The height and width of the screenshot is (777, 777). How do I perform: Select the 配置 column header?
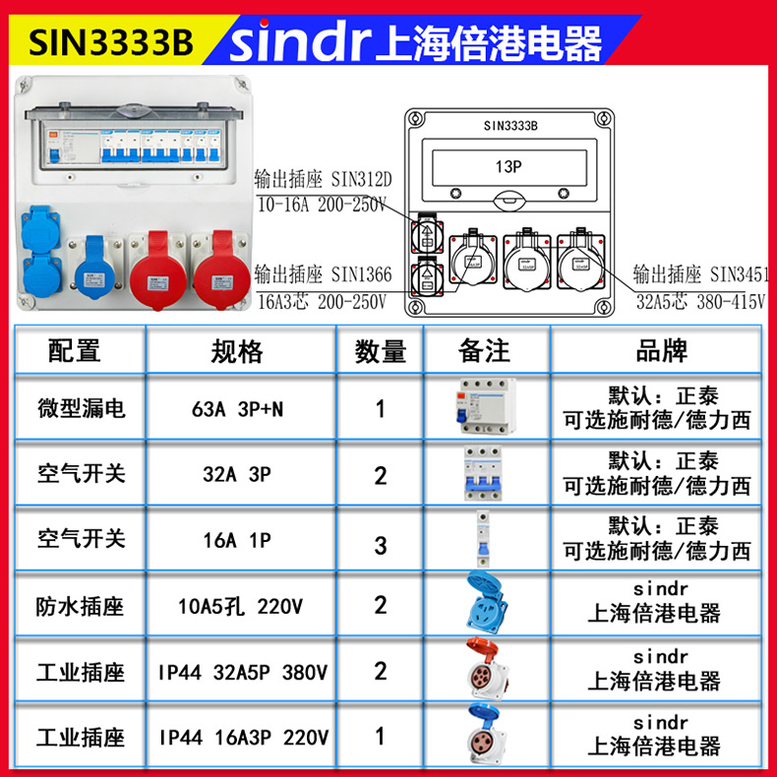tap(74, 351)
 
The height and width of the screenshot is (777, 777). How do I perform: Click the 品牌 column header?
tap(661, 351)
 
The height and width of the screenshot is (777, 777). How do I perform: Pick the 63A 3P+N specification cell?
tap(237, 408)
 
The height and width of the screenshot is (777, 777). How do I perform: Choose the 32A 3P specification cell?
tap(237, 474)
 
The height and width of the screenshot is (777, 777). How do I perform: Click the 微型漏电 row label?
tap(82, 408)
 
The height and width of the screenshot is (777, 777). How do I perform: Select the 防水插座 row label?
tap(82, 606)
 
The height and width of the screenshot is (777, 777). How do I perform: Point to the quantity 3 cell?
tap(381, 544)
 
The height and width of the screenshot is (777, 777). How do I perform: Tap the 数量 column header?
tap(381, 351)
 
